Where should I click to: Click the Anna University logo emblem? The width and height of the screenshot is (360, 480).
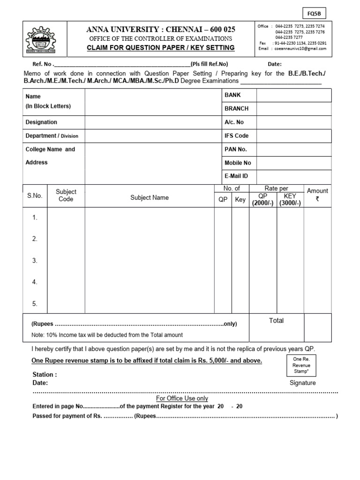[x=41, y=41]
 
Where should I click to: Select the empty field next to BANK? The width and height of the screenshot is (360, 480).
[x=293, y=95]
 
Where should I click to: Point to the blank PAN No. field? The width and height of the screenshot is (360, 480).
[x=293, y=150]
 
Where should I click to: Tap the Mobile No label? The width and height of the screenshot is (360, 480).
[x=238, y=163]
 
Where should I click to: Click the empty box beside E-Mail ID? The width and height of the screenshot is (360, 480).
[x=293, y=176]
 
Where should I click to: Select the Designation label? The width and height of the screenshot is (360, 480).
[x=41, y=122]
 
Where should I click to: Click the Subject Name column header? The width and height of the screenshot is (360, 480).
[x=149, y=198]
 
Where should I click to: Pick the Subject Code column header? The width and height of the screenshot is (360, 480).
[x=66, y=195]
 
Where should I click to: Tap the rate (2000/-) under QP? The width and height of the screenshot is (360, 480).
[x=262, y=203]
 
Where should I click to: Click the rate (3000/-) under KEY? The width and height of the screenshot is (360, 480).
[x=290, y=203]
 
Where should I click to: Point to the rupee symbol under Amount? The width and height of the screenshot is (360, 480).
[x=317, y=199]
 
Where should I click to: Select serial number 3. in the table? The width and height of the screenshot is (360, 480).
[x=35, y=261]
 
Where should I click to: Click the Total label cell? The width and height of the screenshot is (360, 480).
[x=276, y=321]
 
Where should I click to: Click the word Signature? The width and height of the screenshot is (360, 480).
[x=302, y=383]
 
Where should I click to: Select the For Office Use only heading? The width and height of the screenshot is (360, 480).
[x=182, y=398]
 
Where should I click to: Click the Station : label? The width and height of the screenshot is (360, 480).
[x=45, y=375]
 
